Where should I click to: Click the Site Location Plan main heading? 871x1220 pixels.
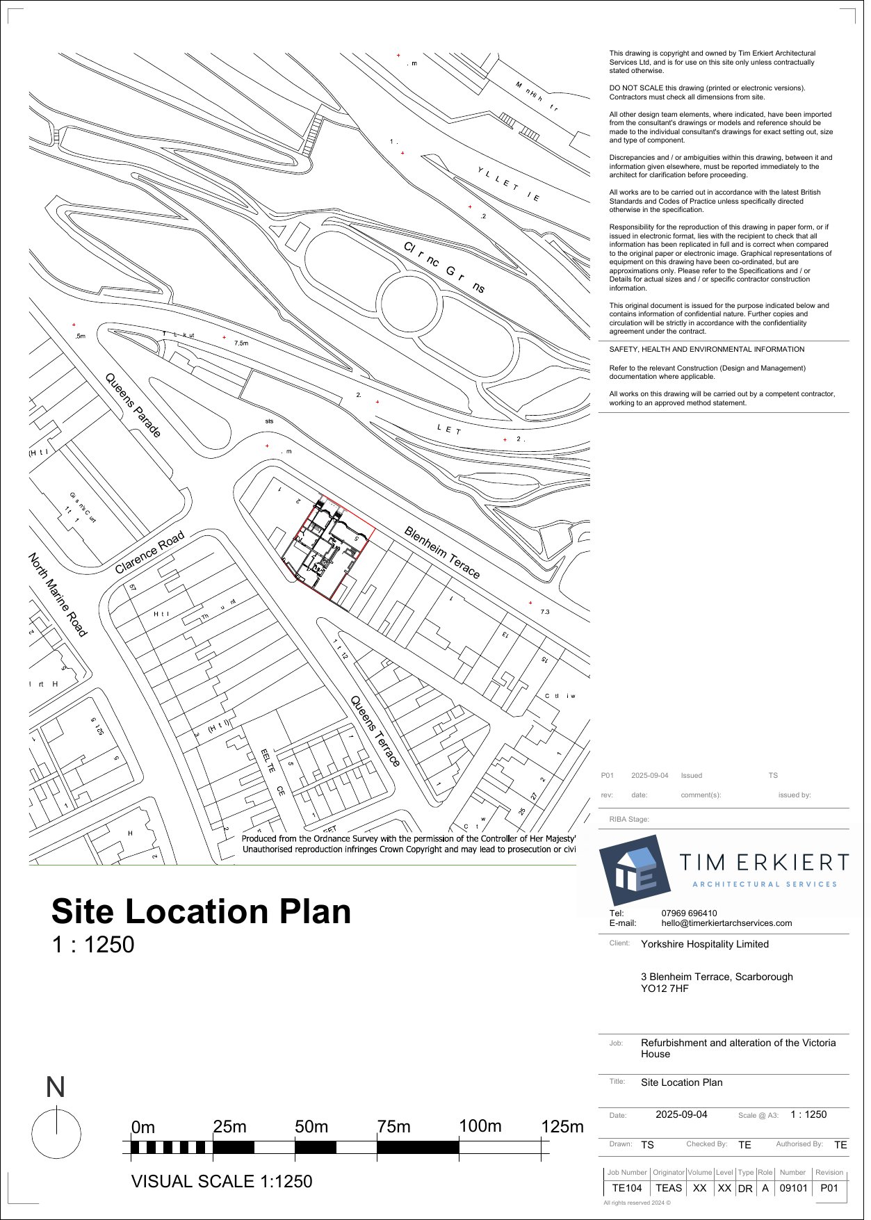(x=201, y=911)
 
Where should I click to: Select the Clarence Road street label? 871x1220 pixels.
(x=149, y=553)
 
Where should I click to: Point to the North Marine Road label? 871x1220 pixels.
(x=58, y=594)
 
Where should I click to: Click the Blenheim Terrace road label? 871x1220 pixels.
(x=442, y=553)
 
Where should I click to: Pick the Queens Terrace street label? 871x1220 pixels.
(x=375, y=731)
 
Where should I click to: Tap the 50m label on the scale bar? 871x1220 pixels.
(x=311, y=1126)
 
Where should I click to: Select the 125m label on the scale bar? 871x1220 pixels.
(x=562, y=1126)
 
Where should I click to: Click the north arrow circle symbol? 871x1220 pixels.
(x=56, y=1134)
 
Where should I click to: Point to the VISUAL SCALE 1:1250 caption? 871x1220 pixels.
(x=222, y=1181)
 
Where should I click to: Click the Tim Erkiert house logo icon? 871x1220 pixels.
(x=635, y=869)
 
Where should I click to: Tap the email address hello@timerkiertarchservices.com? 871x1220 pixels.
(x=726, y=923)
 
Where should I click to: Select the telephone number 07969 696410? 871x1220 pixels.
(x=689, y=913)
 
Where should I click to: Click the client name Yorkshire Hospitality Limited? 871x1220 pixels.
(x=704, y=944)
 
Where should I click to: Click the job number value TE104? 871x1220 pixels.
(x=627, y=1188)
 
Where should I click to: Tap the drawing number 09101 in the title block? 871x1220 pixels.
(x=793, y=1188)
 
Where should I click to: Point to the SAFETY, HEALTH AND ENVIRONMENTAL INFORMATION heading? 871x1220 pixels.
(x=707, y=350)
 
